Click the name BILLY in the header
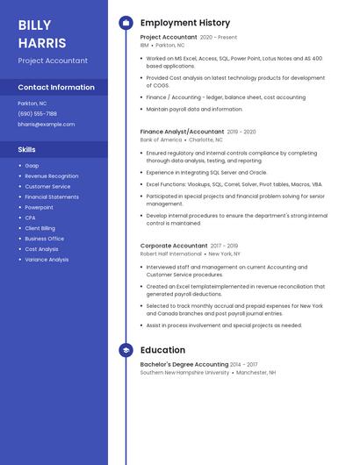click(34, 25)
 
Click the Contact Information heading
click(56, 88)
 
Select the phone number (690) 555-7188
click(37, 113)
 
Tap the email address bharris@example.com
click(46, 125)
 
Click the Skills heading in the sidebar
click(27, 150)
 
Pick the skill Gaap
click(32, 166)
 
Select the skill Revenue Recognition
click(51, 176)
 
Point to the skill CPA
click(30, 218)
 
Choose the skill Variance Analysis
click(47, 260)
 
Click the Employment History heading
click(185, 23)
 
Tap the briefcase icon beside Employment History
click(126, 23)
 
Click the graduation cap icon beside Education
click(126, 350)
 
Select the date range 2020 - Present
click(219, 38)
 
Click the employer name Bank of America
click(161, 139)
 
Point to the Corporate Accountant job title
click(174, 246)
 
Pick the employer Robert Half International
click(170, 254)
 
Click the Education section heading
click(162, 350)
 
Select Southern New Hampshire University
click(184, 372)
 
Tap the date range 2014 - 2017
click(244, 364)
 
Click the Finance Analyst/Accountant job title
click(182, 132)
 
